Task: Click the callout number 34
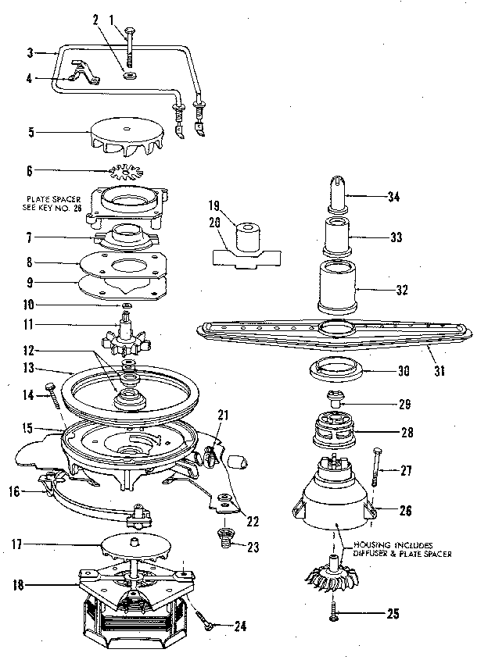[393, 197]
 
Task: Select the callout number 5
[30, 133]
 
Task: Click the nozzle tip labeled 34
[338, 191]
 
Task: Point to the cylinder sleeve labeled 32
[339, 288]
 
